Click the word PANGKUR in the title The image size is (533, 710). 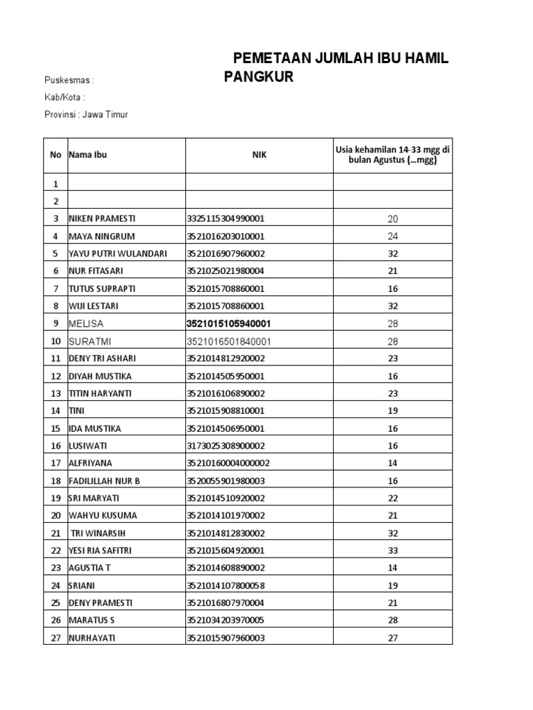pos(258,77)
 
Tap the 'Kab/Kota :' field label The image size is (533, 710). pos(65,97)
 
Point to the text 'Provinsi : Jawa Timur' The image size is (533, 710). pos(86,114)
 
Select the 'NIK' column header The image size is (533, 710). pos(259,155)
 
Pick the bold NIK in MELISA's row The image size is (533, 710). pos(228,324)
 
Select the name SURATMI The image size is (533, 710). pos(90,341)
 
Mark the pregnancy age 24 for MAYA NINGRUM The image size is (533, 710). pos(393,236)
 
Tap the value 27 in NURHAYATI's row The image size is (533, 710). pos(393,639)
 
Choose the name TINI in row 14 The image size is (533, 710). pos(76,411)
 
